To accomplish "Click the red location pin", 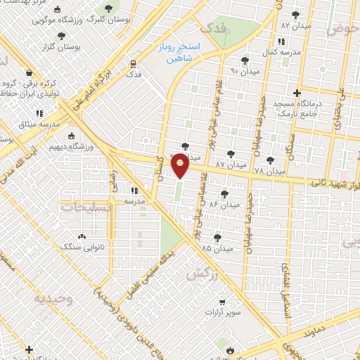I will [181, 166].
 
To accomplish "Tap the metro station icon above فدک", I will [132, 63].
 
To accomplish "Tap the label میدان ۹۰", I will [245, 71].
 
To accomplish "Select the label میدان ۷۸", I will [269, 172].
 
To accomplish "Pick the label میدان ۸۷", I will [231, 164].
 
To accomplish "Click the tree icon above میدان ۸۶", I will [224, 193].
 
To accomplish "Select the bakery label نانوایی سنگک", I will [82, 247].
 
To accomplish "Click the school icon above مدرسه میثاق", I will [40, 112].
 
